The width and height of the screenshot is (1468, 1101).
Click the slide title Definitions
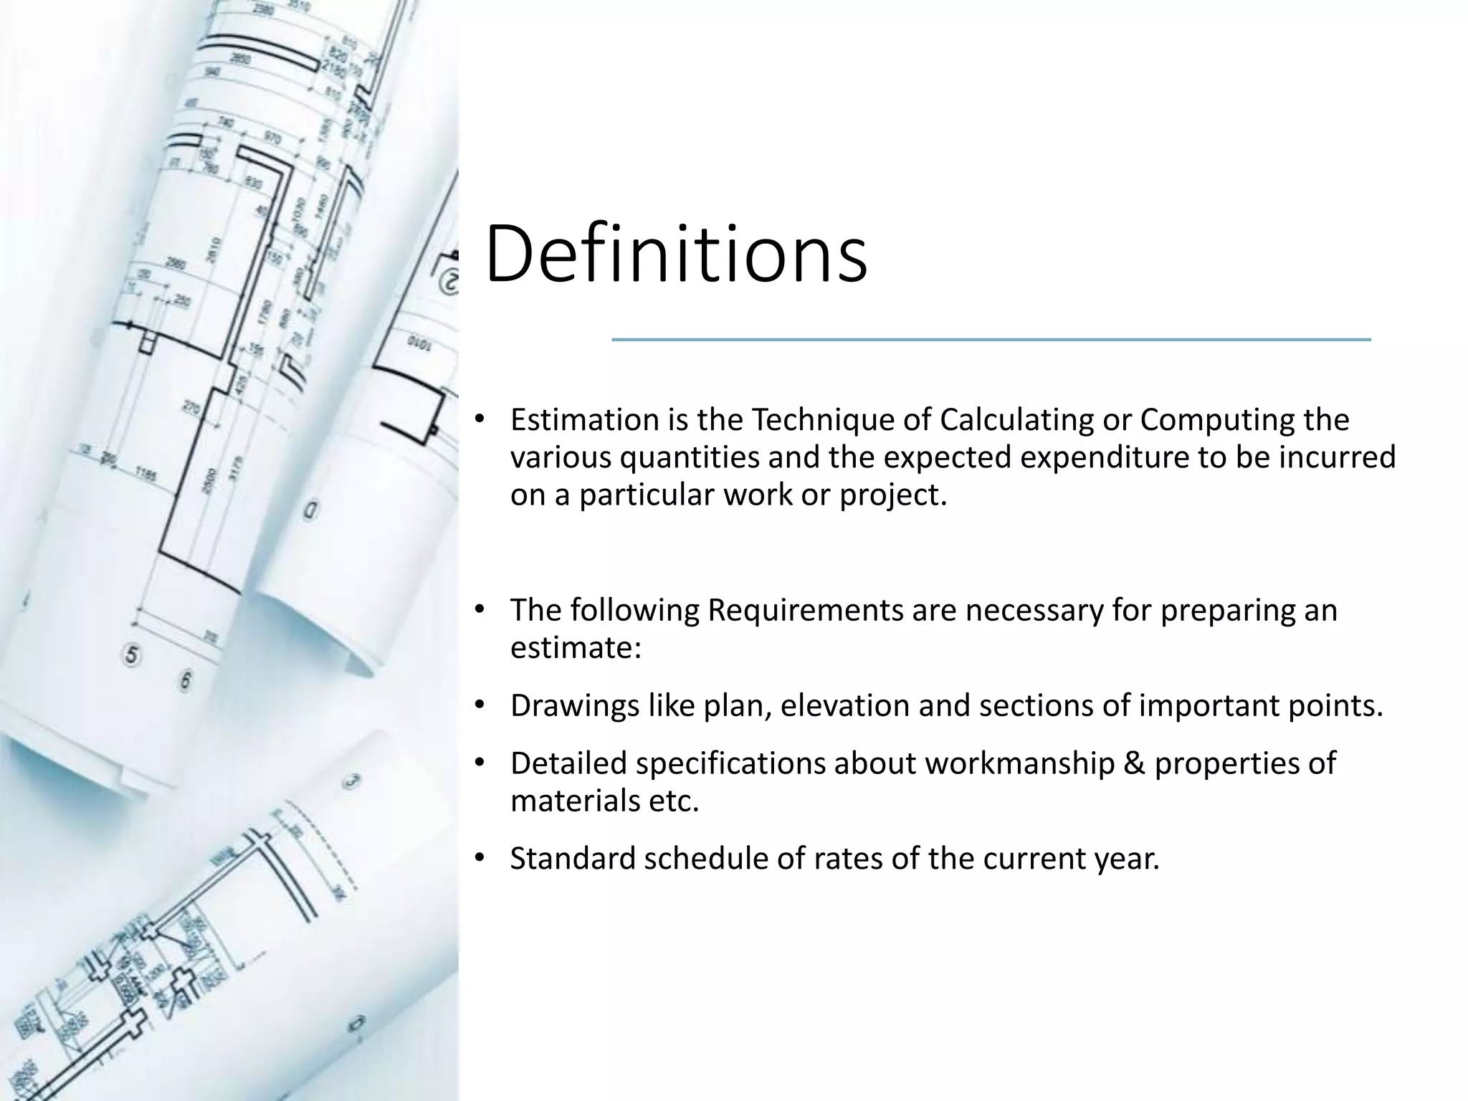pyautogui.click(x=676, y=254)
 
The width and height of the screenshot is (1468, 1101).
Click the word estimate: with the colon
pyautogui.click(x=576, y=648)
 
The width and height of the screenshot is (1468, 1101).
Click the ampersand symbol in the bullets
pyautogui.click(x=1135, y=763)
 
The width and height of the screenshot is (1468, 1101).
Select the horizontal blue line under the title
pyautogui.click(x=991, y=340)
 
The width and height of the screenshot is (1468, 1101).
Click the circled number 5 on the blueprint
pyautogui.click(x=131, y=655)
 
